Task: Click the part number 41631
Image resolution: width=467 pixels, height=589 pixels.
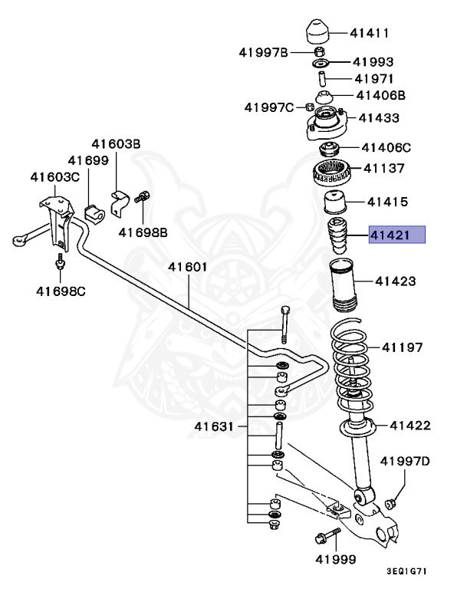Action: pos(214,426)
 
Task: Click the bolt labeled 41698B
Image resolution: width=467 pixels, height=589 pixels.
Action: pos(142,198)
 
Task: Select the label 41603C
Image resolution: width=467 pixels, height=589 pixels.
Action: pos(55,177)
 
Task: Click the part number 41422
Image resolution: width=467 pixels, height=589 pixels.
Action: pos(409,426)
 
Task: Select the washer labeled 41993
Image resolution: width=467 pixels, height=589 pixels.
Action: pos(321,61)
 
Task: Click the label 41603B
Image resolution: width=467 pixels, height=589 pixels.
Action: pos(117,143)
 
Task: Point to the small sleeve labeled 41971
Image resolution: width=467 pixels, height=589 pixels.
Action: pos(323,77)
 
